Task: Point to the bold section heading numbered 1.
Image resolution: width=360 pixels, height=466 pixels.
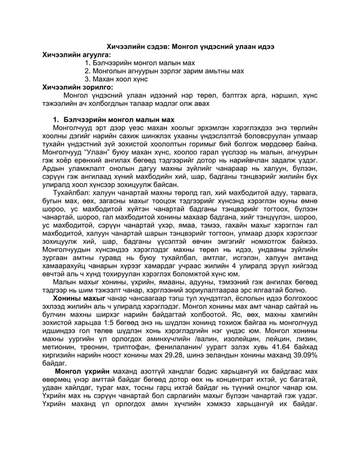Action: coord(113,120)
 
